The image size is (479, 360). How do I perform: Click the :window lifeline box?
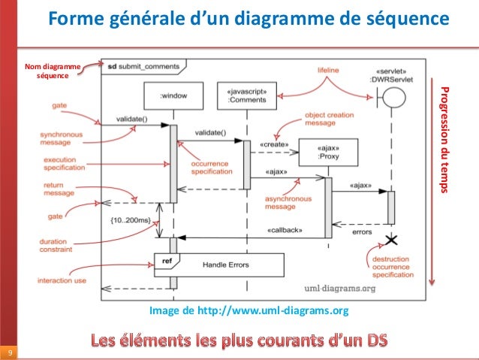[173, 96]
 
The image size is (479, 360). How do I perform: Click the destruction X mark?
[390, 241]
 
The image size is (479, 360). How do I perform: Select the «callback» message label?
[284, 230]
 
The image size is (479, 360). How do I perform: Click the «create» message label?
[274, 143]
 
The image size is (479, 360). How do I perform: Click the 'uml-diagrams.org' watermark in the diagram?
[340, 287]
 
